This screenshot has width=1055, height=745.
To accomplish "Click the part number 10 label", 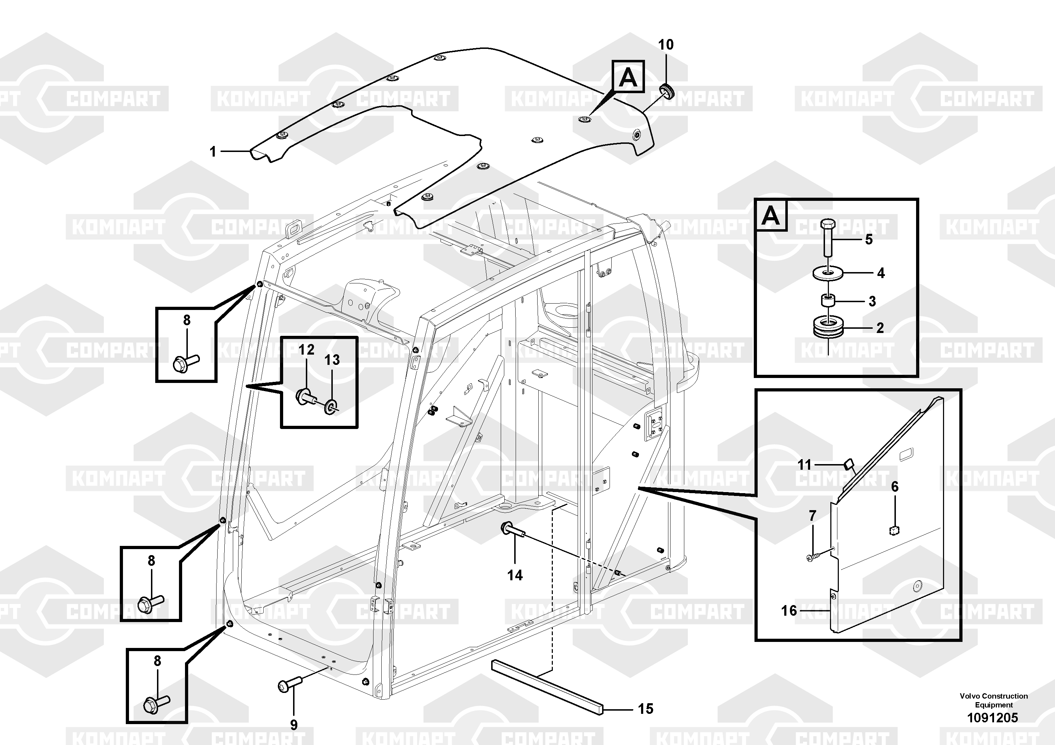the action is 666,45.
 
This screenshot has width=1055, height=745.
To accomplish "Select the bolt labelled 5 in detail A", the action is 827,237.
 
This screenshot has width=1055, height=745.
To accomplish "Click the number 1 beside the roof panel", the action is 212,152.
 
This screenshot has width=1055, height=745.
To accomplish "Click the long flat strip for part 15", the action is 547,686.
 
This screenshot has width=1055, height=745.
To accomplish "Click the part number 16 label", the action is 789,610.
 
